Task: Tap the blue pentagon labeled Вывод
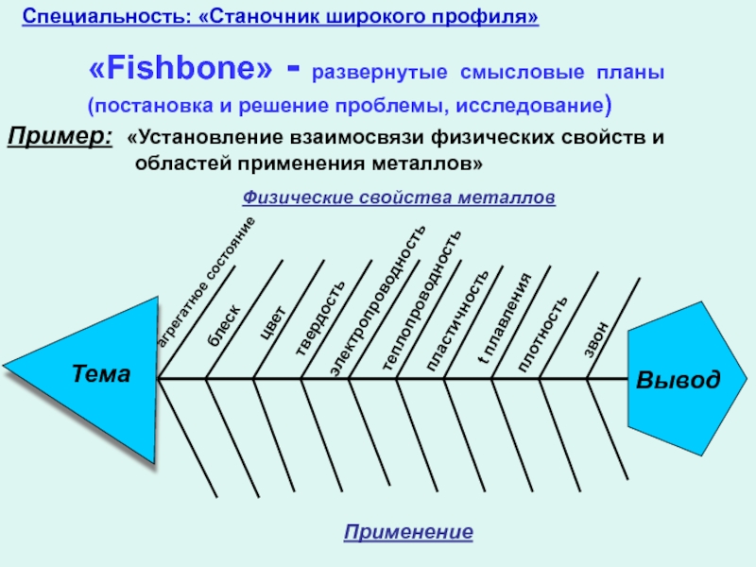click(677, 379)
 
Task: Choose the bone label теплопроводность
click(422, 301)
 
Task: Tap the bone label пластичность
click(458, 320)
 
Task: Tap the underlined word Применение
click(408, 533)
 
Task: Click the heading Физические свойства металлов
click(400, 198)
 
